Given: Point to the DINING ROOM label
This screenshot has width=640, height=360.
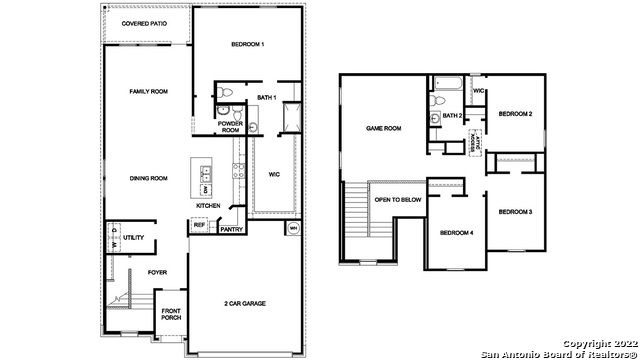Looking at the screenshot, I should click(148, 178).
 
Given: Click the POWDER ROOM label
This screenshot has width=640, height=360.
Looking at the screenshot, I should click(230, 127).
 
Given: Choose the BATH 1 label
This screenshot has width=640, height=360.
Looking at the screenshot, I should click(266, 97).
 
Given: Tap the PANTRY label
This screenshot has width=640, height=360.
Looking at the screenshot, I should click(232, 230).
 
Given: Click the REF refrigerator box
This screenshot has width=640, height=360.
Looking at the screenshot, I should click(198, 227).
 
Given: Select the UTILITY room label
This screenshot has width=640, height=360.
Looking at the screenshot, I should click(134, 238).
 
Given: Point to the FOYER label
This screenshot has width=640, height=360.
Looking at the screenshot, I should click(157, 271).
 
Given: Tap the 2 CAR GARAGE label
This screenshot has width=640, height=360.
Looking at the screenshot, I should click(243, 303).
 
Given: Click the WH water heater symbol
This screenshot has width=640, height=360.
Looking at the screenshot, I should click(293, 229).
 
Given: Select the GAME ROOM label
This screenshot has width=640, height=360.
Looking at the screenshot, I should click(384, 128).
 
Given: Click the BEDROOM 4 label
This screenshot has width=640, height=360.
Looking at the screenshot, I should click(456, 233).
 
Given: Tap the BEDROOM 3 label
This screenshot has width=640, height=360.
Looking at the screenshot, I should click(515, 211).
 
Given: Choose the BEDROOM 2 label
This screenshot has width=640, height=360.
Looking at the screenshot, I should click(515, 114).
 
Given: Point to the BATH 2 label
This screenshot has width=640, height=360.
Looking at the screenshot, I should click(452, 116).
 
